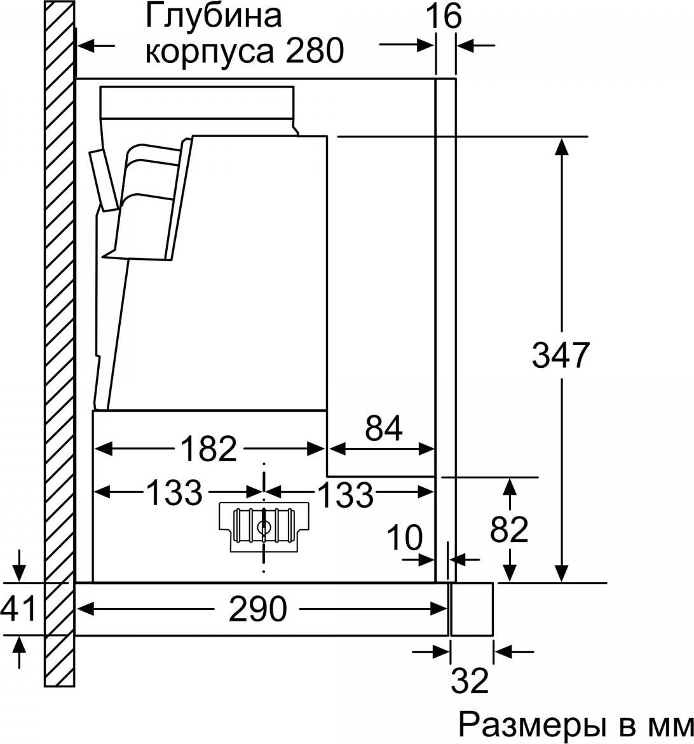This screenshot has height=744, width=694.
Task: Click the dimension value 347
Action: pos(561,355)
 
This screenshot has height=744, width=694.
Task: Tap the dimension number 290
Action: pos(258,609)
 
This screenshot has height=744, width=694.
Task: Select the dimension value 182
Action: pos(208,449)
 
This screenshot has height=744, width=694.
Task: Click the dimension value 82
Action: pos(509,529)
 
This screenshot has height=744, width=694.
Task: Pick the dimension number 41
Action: pos(18,609)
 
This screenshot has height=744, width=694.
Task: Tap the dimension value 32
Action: pos(470,680)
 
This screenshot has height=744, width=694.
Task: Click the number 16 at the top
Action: pos(444,17)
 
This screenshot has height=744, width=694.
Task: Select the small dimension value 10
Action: pos(405,538)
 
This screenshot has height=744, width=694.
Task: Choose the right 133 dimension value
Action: pos(346,494)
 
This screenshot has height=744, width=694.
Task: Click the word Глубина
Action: pos(213,17)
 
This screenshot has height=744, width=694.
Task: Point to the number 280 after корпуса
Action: pos(314,51)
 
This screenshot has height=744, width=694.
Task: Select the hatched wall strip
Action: pos(59,344)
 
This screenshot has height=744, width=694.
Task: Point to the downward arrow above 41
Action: pos(18,565)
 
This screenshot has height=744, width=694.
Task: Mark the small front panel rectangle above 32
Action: pos(472,609)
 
